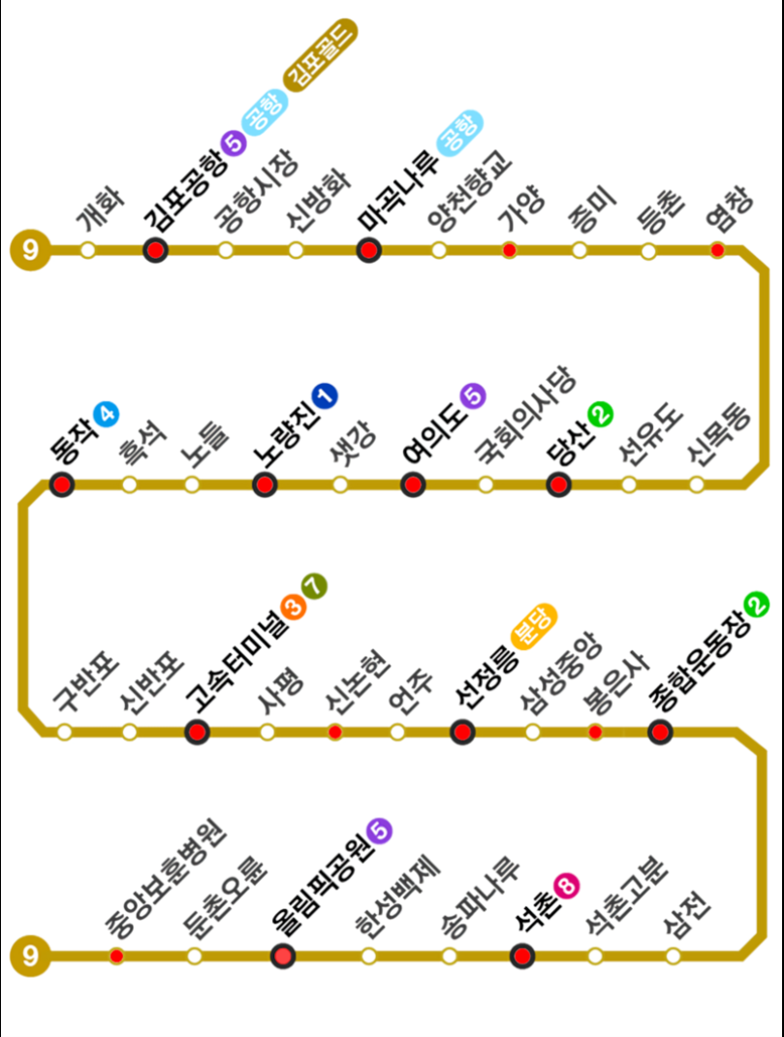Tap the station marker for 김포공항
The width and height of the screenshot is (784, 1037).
[x=155, y=251]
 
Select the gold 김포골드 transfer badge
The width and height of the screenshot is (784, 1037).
[x=320, y=57]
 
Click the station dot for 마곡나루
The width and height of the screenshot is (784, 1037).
[x=368, y=251]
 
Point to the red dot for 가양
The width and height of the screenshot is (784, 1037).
[x=509, y=251]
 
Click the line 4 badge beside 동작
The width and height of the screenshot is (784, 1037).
[x=106, y=415]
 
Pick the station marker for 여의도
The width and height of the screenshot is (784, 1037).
[x=414, y=485]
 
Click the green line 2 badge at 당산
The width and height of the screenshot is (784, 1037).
[x=601, y=414]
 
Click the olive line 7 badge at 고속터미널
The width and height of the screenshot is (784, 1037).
[x=315, y=585]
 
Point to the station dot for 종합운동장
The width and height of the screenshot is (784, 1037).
[x=661, y=732]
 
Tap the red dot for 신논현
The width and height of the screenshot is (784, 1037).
[x=335, y=732]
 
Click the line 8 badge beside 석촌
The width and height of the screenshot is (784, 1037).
[x=567, y=884]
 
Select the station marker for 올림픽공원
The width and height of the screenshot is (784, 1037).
[x=283, y=957]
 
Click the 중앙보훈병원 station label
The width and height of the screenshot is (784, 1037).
[x=165, y=878]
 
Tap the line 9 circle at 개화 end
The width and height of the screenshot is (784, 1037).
[x=30, y=251]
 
